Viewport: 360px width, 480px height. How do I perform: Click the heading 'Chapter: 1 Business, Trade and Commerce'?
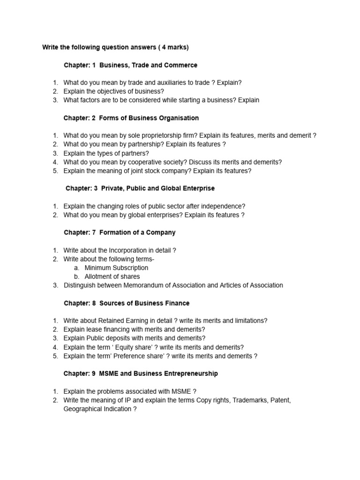[130, 65]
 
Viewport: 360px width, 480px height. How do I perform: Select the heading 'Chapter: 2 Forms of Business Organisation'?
[131, 118]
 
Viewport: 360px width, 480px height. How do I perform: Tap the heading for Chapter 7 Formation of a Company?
[120, 232]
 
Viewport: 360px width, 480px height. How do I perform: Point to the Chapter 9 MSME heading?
[141, 374]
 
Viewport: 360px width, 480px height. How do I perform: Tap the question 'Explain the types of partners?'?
[106, 153]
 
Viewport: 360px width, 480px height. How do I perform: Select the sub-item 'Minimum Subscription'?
[116, 268]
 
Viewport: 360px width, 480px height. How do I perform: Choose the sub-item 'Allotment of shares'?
[112, 277]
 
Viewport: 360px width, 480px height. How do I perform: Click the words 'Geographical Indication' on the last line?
[97, 409]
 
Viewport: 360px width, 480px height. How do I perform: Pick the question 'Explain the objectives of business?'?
[113, 91]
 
